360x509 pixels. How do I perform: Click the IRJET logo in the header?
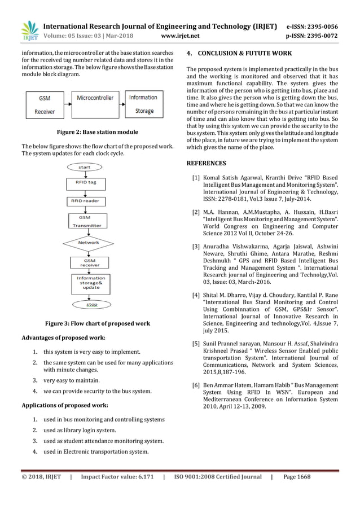point(28,31)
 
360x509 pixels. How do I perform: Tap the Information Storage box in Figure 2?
point(143,104)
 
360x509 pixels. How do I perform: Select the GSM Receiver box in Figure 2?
point(45,104)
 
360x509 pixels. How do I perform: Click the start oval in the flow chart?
point(85,167)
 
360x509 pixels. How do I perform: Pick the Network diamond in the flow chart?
point(89,243)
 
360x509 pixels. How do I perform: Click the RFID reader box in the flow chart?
point(85,200)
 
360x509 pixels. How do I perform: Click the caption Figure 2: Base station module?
point(98,132)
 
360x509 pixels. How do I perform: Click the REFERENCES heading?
point(206,164)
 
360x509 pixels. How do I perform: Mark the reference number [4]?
point(195,295)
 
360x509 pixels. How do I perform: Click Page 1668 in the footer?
point(297,477)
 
